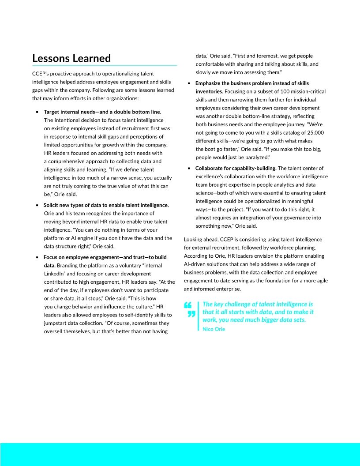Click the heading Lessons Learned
point(71,58)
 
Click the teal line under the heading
point(105,65)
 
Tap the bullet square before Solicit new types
point(37,205)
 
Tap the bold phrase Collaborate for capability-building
point(236,168)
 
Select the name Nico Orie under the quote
point(213,329)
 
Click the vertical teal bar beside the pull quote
point(199,316)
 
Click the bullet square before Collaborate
point(189,168)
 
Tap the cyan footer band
point(180,454)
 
